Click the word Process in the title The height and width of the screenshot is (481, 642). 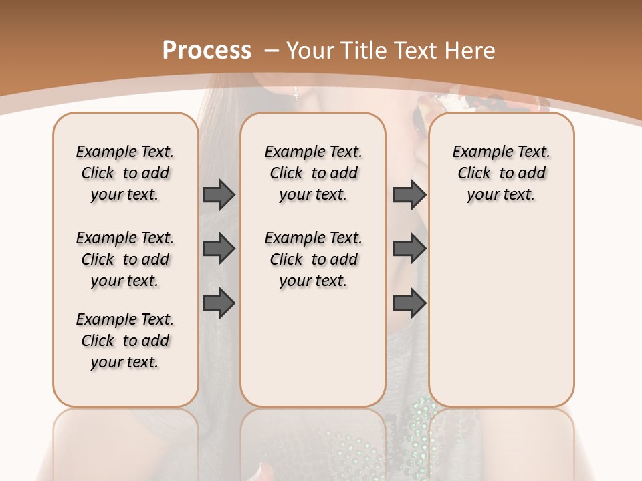pyautogui.click(x=207, y=50)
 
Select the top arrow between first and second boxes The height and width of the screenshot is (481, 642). pyautogui.click(x=219, y=195)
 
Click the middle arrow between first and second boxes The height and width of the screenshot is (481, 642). pyautogui.click(x=219, y=249)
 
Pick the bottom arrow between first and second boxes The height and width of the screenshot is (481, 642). pyautogui.click(x=219, y=304)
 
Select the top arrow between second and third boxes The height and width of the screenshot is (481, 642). pyautogui.click(x=409, y=195)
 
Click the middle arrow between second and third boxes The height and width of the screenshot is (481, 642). pyautogui.click(x=409, y=249)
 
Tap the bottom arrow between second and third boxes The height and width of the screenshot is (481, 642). pyautogui.click(x=409, y=304)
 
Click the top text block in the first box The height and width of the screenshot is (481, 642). pyautogui.click(x=125, y=173)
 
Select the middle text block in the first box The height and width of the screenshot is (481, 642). pyautogui.click(x=125, y=259)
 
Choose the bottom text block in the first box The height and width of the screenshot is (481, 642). pyautogui.click(x=125, y=341)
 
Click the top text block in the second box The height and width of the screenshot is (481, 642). pyautogui.click(x=313, y=173)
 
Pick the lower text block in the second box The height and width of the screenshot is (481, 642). pyautogui.click(x=313, y=259)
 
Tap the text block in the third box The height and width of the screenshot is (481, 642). pyautogui.click(x=501, y=173)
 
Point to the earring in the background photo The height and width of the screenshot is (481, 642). pyautogui.click(x=296, y=93)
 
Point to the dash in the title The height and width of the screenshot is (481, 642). pyautogui.click(x=271, y=50)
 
